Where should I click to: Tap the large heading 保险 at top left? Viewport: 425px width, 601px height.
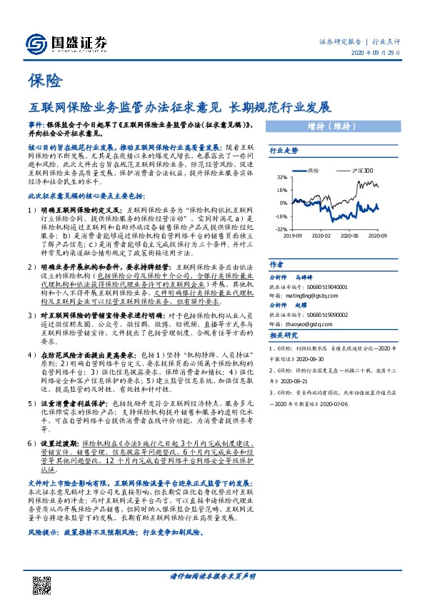pyautogui.click(x=46, y=81)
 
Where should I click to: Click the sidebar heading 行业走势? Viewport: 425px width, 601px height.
pyautogui.click(x=283, y=151)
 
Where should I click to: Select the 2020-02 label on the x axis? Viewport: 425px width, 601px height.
pyautogui.click(x=321, y=235)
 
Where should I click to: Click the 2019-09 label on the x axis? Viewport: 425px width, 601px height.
pyautogui.click(x=292, y=235)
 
